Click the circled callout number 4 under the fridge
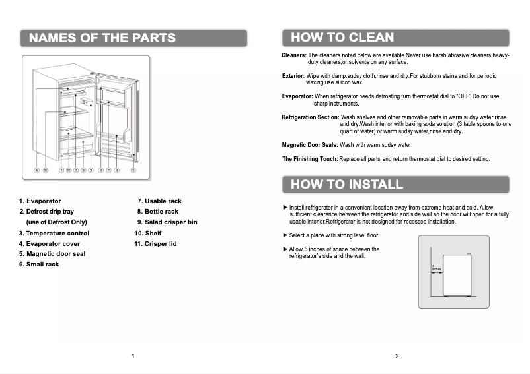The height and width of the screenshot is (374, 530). pos(37,170)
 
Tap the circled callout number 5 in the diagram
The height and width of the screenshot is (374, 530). pos(133,170)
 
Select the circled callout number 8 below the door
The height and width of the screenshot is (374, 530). pos(116,170)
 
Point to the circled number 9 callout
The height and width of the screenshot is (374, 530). pos(83,170)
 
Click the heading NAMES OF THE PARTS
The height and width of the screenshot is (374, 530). pos(102,38)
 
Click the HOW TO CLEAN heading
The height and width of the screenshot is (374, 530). pos(342,38)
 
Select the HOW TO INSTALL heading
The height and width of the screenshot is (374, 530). pos(347,184)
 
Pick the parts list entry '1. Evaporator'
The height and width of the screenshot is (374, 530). pos(40,201)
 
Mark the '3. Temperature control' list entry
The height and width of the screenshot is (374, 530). pos(54,234)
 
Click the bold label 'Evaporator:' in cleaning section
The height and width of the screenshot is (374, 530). pos(297,96)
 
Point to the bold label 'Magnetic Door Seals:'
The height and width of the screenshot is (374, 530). pos(310,144)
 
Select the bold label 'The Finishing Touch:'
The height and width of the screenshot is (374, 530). pos(310,159)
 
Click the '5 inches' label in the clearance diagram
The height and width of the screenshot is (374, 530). pos(435,268)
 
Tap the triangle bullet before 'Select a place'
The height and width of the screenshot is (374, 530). pos(285,235)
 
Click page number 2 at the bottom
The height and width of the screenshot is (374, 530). pos(397,357)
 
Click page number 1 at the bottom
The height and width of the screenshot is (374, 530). pos(133,357)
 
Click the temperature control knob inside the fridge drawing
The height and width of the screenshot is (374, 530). pos(86,102)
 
